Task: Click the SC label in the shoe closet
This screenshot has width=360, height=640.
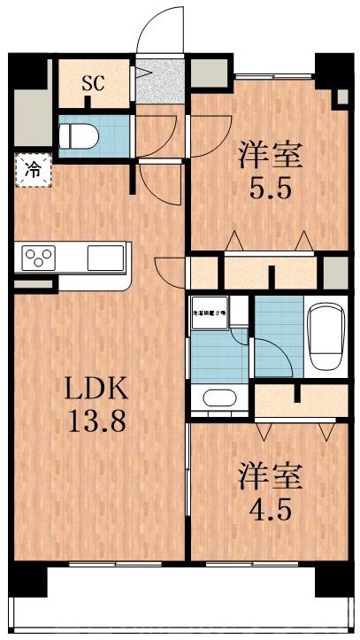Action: point(93,84)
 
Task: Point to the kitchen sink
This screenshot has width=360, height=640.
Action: point(105,258)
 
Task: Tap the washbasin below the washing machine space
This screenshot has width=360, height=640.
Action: point(218,398)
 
